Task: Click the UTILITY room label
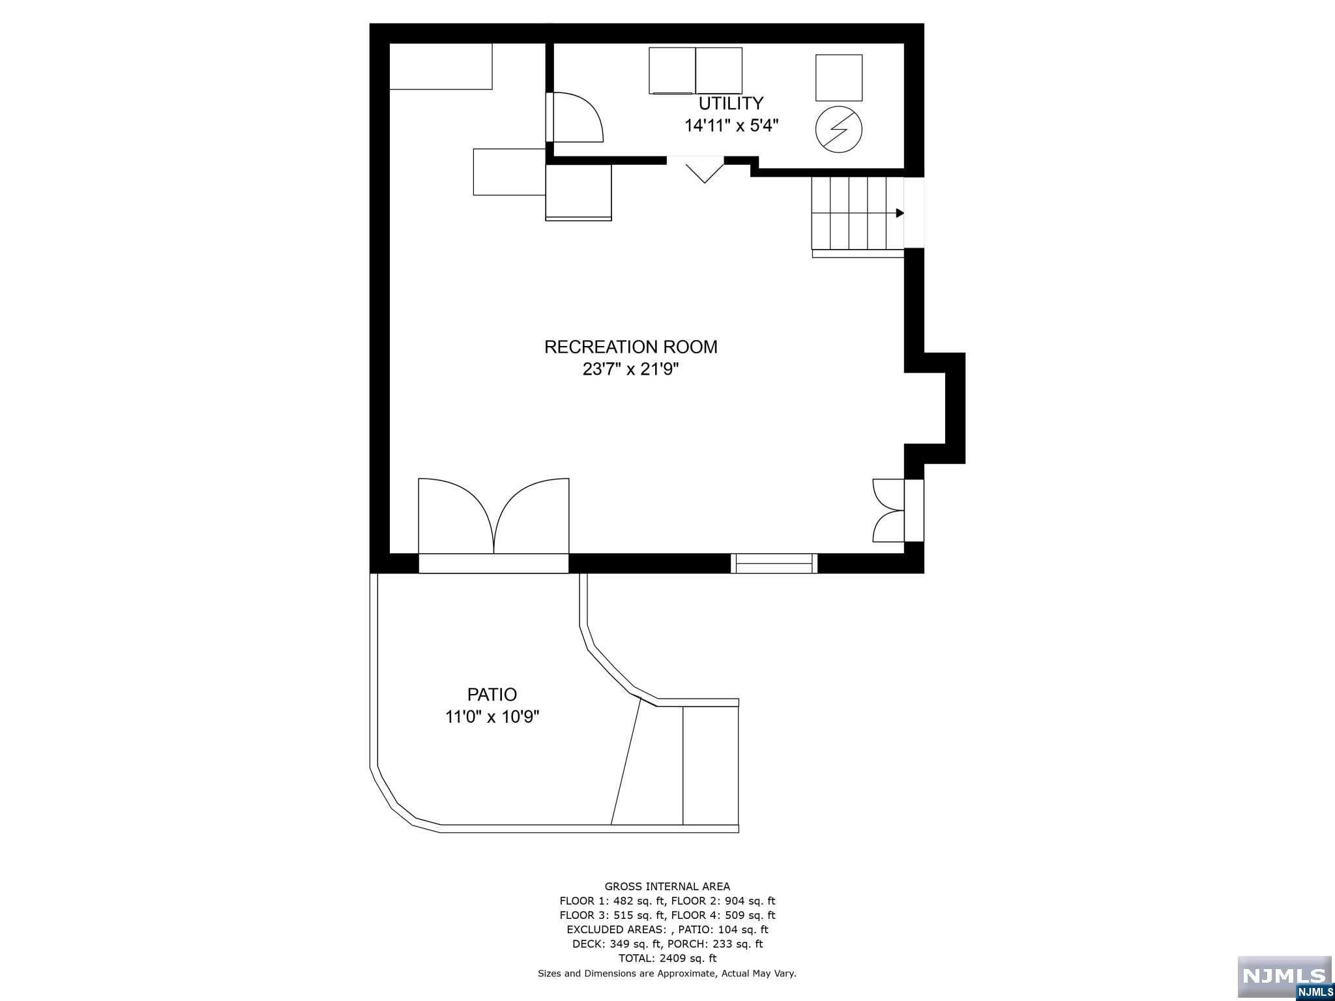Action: point(731,104)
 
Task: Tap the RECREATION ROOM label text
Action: point(630,347)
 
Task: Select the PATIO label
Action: point(492,695)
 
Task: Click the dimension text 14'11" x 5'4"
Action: point(731,125)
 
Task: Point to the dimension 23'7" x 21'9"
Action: point(631,370)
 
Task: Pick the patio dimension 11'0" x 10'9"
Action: point(492,717)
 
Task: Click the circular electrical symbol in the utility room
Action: point(839,129)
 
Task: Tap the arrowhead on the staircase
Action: point(900,213)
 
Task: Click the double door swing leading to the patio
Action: point(493,516)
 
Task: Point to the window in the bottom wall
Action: point(774,564)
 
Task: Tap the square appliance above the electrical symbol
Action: point(839,78)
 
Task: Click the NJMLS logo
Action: point(1284,978)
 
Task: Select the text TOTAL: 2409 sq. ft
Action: point(667,958)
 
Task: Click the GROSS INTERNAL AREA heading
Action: point(667,886)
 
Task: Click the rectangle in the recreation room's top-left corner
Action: point(441,66)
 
